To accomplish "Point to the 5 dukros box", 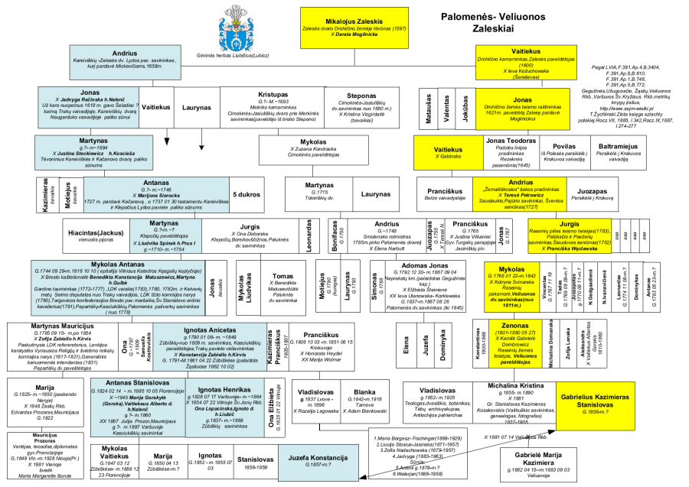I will [x=245, y=194].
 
